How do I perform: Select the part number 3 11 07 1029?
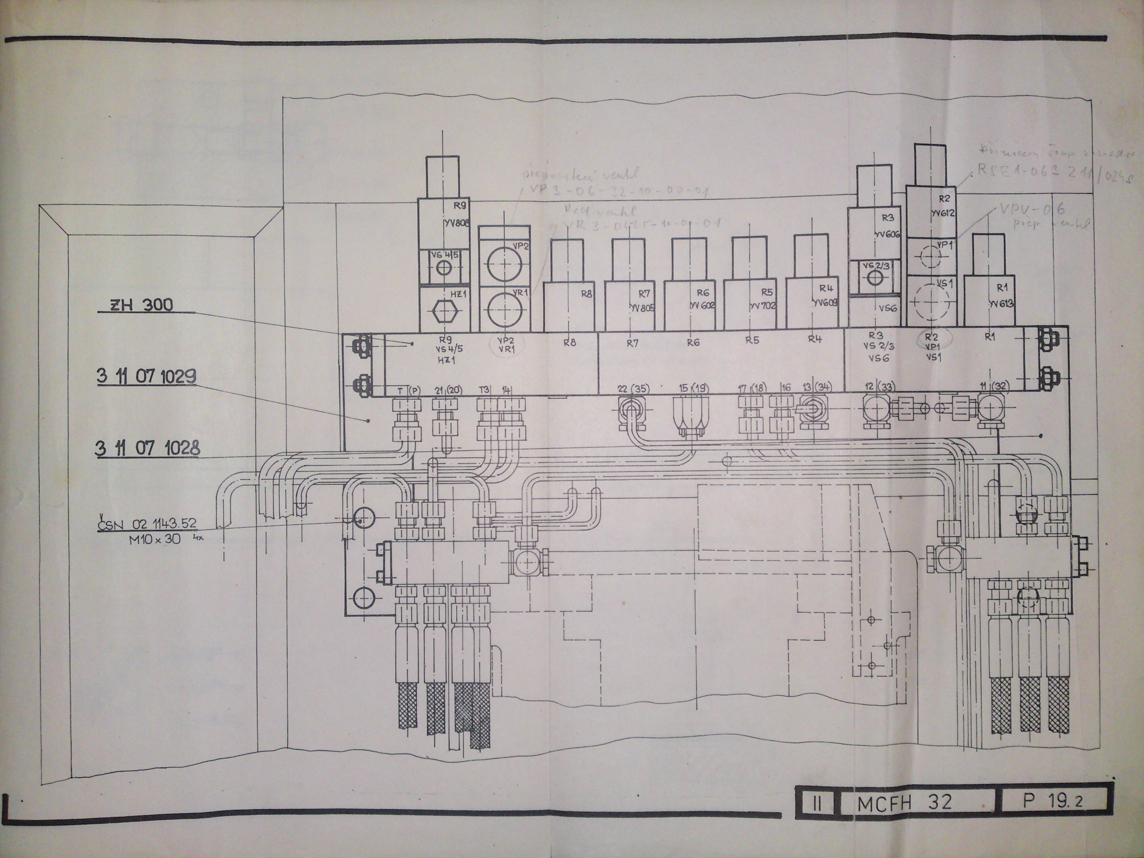(x=147, y=376)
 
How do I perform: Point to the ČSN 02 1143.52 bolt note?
(x=148, y=523)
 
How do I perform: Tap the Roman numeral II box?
(x=815, y=804)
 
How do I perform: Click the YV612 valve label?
(x=943, y=212)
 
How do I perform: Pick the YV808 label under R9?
(x=455, y=223)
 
